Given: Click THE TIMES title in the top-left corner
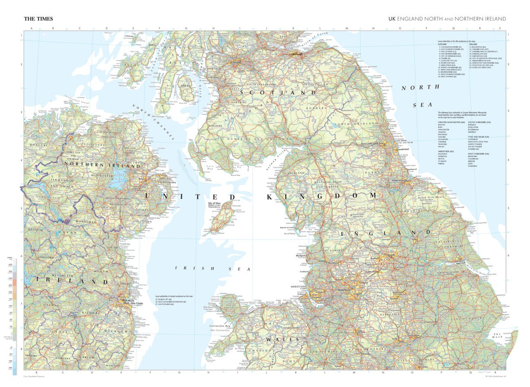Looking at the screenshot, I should [x=38, y=19].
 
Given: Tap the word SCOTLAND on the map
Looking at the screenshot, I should [x=278, y=93].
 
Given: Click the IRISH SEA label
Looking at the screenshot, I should [x=212, y=268].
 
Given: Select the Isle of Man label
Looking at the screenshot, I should [x=215, y=204].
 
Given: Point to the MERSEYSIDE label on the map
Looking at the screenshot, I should [x=299, y=287].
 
